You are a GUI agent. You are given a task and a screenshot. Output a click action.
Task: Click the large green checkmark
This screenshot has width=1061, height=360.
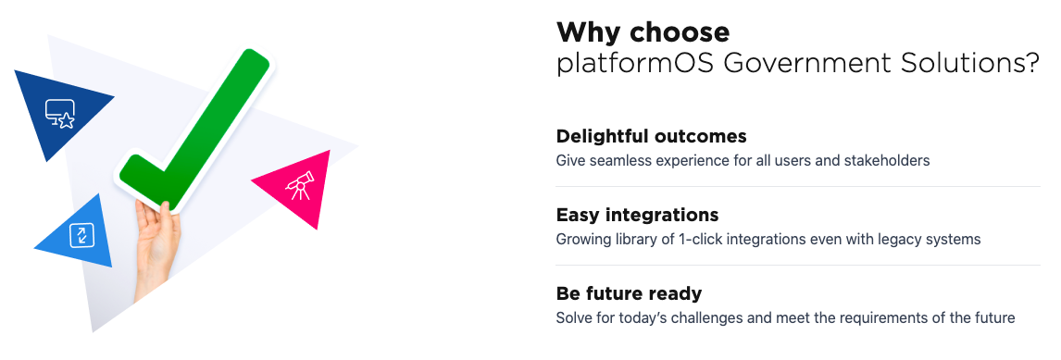coord(199,130)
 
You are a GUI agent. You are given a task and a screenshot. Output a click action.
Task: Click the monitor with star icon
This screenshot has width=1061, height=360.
coord(61,114)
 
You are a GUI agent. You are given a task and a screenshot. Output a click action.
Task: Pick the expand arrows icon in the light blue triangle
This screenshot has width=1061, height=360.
coord(81,234)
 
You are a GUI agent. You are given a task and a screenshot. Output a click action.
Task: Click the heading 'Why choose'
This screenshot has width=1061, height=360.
coord(643,32)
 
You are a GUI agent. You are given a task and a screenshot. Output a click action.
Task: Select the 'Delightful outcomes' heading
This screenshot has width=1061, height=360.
coord(651,136)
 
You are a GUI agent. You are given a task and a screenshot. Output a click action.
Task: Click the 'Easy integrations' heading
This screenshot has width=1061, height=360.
coord(637,215)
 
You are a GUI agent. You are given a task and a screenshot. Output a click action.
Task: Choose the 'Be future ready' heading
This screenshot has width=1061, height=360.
coord(629,293)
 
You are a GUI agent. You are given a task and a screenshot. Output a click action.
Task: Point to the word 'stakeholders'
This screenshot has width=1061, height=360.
coord(887,161)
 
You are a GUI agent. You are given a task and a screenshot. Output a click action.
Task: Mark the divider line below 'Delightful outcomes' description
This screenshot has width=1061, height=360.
coord(797,187)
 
